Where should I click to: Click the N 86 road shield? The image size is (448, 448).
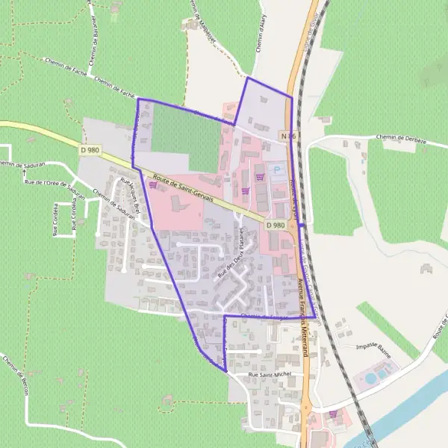pyautogui.click(x=289, y=136)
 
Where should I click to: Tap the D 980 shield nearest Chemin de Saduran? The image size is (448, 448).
pyautogui.click(x=88, y=150)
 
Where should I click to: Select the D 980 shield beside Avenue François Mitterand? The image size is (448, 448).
pyautogui.click(x=276, y=225)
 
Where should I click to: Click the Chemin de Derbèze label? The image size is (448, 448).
pyautogui.click(x=395, y=137)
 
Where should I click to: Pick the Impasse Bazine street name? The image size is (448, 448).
pyautogui.click(x=376, y=346)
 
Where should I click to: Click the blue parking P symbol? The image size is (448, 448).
pyautogui.click(x=277, y=170)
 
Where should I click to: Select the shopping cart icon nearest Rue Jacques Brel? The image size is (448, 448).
pyautogui.click(x=154, y=185)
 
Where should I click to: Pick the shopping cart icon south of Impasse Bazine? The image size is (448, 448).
pyautogui.click(x=332, y=413)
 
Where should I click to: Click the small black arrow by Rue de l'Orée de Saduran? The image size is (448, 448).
pyautogui.click(x=23, y=173)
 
